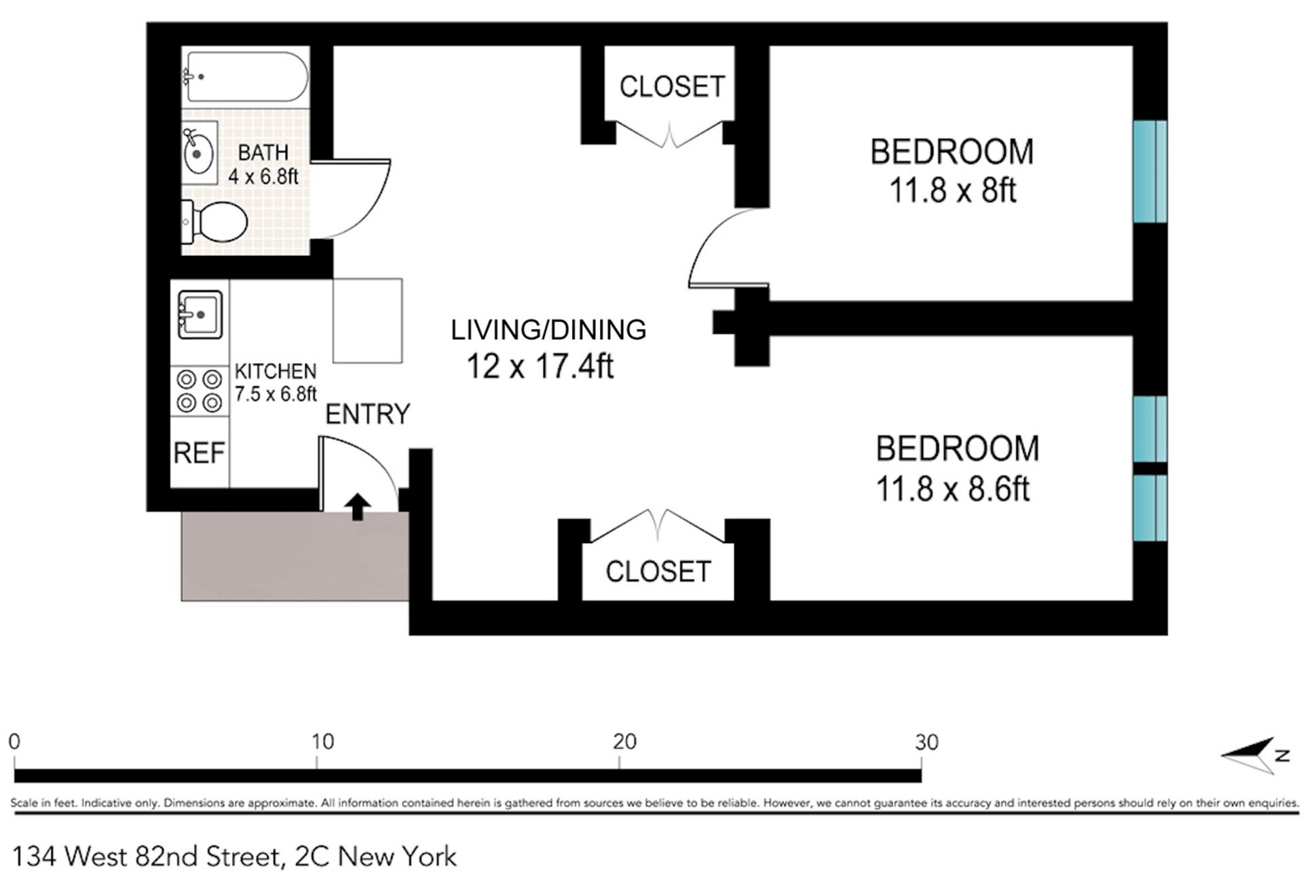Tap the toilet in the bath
216,223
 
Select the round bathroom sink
198,153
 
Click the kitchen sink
200,314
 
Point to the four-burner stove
200,390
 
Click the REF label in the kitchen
199,453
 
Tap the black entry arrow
358,506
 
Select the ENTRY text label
367,413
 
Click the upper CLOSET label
672,86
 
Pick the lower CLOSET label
658,572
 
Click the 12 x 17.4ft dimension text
540,367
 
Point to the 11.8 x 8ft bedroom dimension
952,190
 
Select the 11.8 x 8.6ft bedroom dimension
952,488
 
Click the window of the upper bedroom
1150,171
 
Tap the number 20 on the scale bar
624,742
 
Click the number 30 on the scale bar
926,742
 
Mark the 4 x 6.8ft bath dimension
263,176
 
